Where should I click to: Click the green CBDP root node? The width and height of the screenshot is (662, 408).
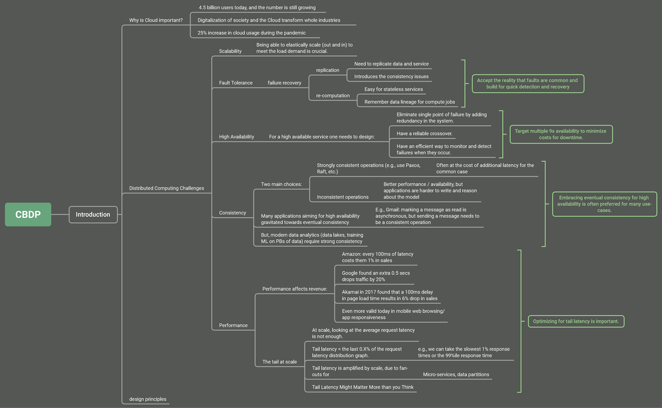28,214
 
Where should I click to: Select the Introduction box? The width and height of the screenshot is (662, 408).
93,214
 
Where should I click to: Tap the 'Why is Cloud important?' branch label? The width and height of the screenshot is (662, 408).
156,20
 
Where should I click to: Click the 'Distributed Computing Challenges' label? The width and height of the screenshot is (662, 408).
167,188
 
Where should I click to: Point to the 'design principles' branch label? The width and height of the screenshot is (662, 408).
148,399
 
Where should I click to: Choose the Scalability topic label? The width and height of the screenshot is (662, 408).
230,51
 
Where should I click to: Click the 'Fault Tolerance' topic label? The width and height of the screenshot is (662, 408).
236,83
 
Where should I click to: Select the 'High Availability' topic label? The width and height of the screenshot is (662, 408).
237,137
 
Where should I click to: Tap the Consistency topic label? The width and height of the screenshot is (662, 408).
233,213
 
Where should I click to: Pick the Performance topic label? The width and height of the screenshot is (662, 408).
233,325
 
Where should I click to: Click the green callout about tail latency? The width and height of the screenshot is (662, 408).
576,321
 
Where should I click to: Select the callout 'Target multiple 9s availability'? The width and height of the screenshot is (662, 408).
561,134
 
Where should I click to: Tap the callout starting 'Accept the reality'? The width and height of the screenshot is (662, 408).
528,84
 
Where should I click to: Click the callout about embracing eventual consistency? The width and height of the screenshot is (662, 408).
605,204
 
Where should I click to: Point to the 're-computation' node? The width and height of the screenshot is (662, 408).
333,95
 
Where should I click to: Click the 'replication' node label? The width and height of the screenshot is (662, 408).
328,70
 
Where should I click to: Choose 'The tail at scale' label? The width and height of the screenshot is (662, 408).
280,362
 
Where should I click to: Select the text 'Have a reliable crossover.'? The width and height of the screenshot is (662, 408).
424,133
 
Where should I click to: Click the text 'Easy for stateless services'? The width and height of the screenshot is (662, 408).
394,89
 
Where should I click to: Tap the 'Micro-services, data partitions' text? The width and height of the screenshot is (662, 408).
456,374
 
